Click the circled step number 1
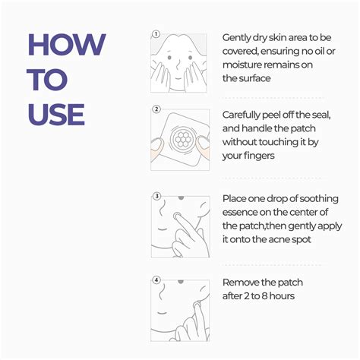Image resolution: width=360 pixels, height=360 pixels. tap(156, 34)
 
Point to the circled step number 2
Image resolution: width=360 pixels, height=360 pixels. tap(156, 109)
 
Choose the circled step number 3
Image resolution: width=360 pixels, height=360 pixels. tap(156, 196)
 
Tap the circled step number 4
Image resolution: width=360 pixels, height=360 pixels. tap(156, 279)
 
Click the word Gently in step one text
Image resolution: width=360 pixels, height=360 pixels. tap(238, 37)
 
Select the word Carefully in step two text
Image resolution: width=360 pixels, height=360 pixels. tap(244, 114)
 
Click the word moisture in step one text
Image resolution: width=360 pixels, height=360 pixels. tap(244, 65)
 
